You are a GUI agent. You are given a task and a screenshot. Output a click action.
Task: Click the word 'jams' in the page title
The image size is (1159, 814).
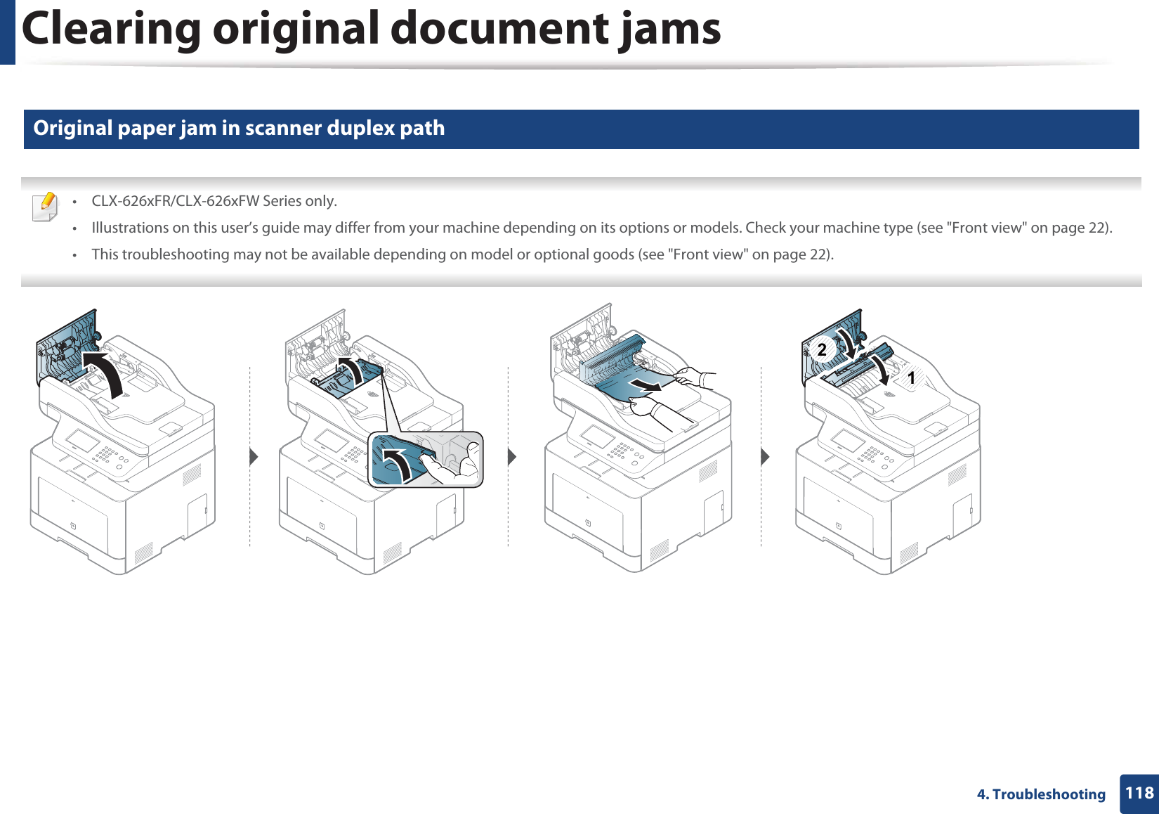tap(669, 29)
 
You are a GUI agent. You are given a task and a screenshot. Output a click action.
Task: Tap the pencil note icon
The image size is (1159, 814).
tap(46, 207)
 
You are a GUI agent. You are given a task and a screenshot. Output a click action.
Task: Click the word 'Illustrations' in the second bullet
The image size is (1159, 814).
tap(130, 228)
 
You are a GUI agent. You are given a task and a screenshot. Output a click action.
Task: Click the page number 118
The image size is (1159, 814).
tap(1139, 794)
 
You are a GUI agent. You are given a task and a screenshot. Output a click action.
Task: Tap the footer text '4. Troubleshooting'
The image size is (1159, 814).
tap(1041, 794)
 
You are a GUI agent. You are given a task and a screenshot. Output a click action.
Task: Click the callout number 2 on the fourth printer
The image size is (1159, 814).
tap(822, 349)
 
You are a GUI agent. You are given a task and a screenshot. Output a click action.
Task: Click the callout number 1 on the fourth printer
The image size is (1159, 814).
tap(911, 378)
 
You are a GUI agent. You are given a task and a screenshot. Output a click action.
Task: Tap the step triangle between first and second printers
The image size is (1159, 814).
tap(254, 457)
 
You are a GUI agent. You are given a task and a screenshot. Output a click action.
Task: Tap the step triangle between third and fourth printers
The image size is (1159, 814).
tap(766, 457)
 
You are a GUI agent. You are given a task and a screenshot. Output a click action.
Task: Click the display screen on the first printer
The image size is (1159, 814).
tap(83, 441)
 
